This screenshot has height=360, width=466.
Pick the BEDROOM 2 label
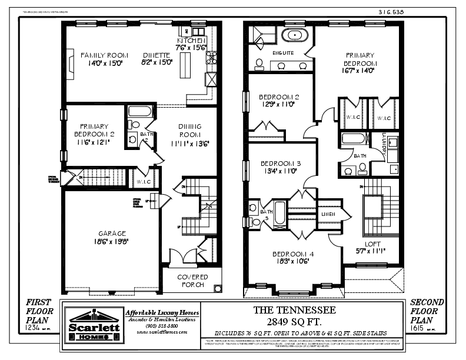279,97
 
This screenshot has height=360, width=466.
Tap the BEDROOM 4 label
292,254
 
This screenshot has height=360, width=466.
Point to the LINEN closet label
328,215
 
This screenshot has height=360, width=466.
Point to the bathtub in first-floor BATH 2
139,111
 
